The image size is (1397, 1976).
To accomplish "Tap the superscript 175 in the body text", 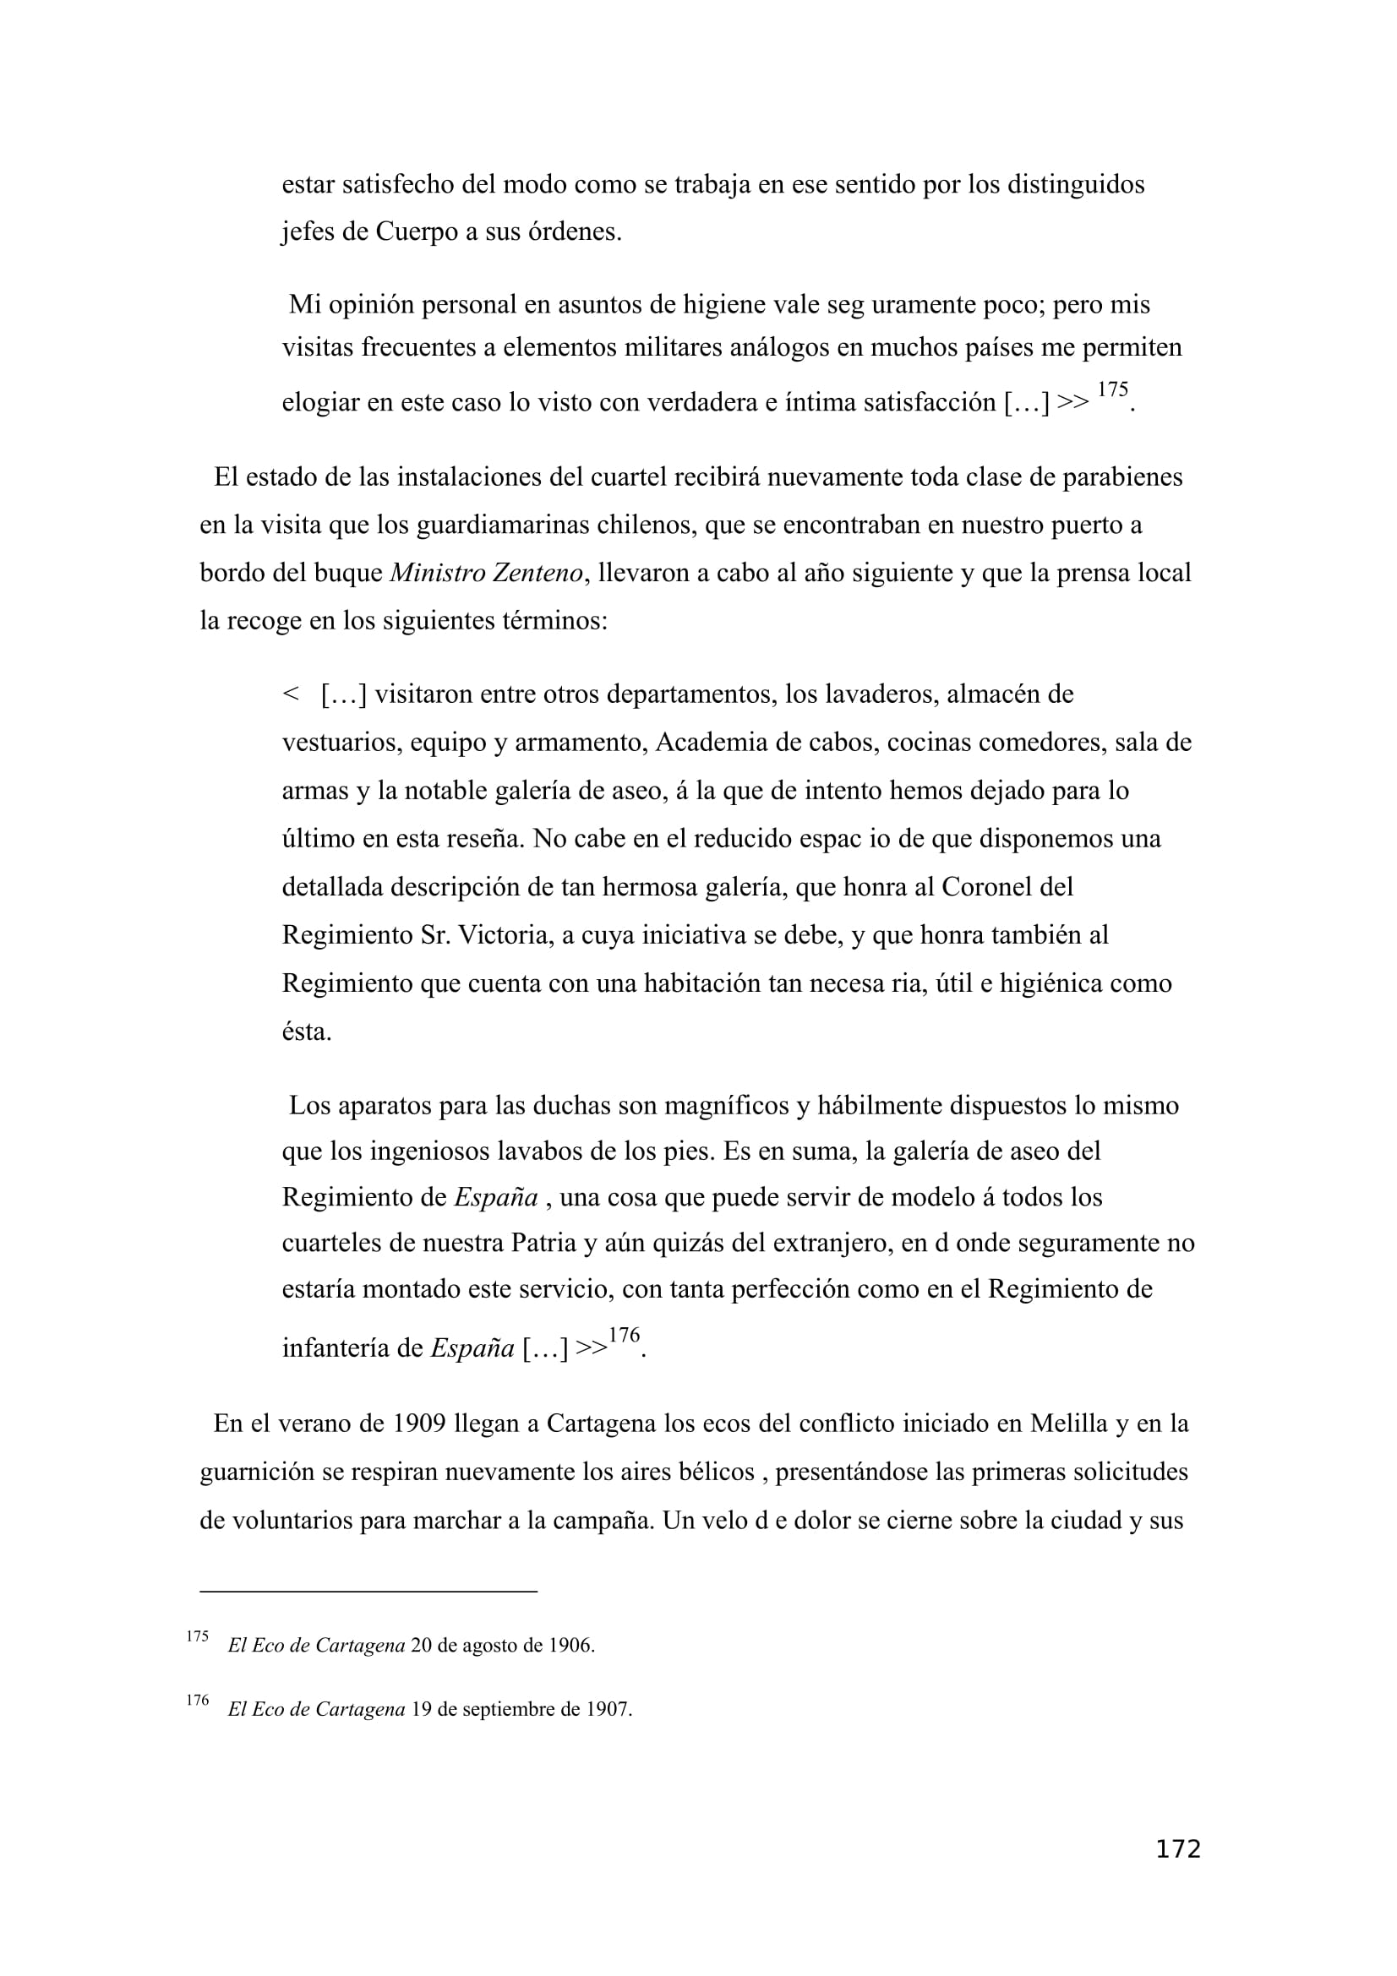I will click(1112, 389).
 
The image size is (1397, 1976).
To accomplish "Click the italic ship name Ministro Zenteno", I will click(486, 573).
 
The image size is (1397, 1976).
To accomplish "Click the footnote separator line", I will click(368, 1592).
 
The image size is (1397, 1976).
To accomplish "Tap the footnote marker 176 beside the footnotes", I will click(197, 1700).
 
